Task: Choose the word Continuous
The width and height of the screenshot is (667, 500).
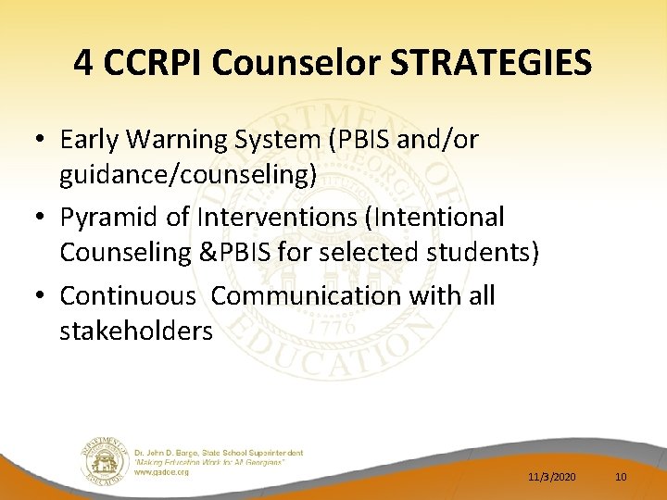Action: [x=128, y=296]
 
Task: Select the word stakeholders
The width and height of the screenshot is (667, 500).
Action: [x=136, y=331]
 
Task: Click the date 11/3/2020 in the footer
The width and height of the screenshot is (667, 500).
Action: [x=552, y=476]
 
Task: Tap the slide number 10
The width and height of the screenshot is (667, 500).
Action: [x=621, y=476]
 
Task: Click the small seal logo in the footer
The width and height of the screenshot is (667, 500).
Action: [x=103, y=460]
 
